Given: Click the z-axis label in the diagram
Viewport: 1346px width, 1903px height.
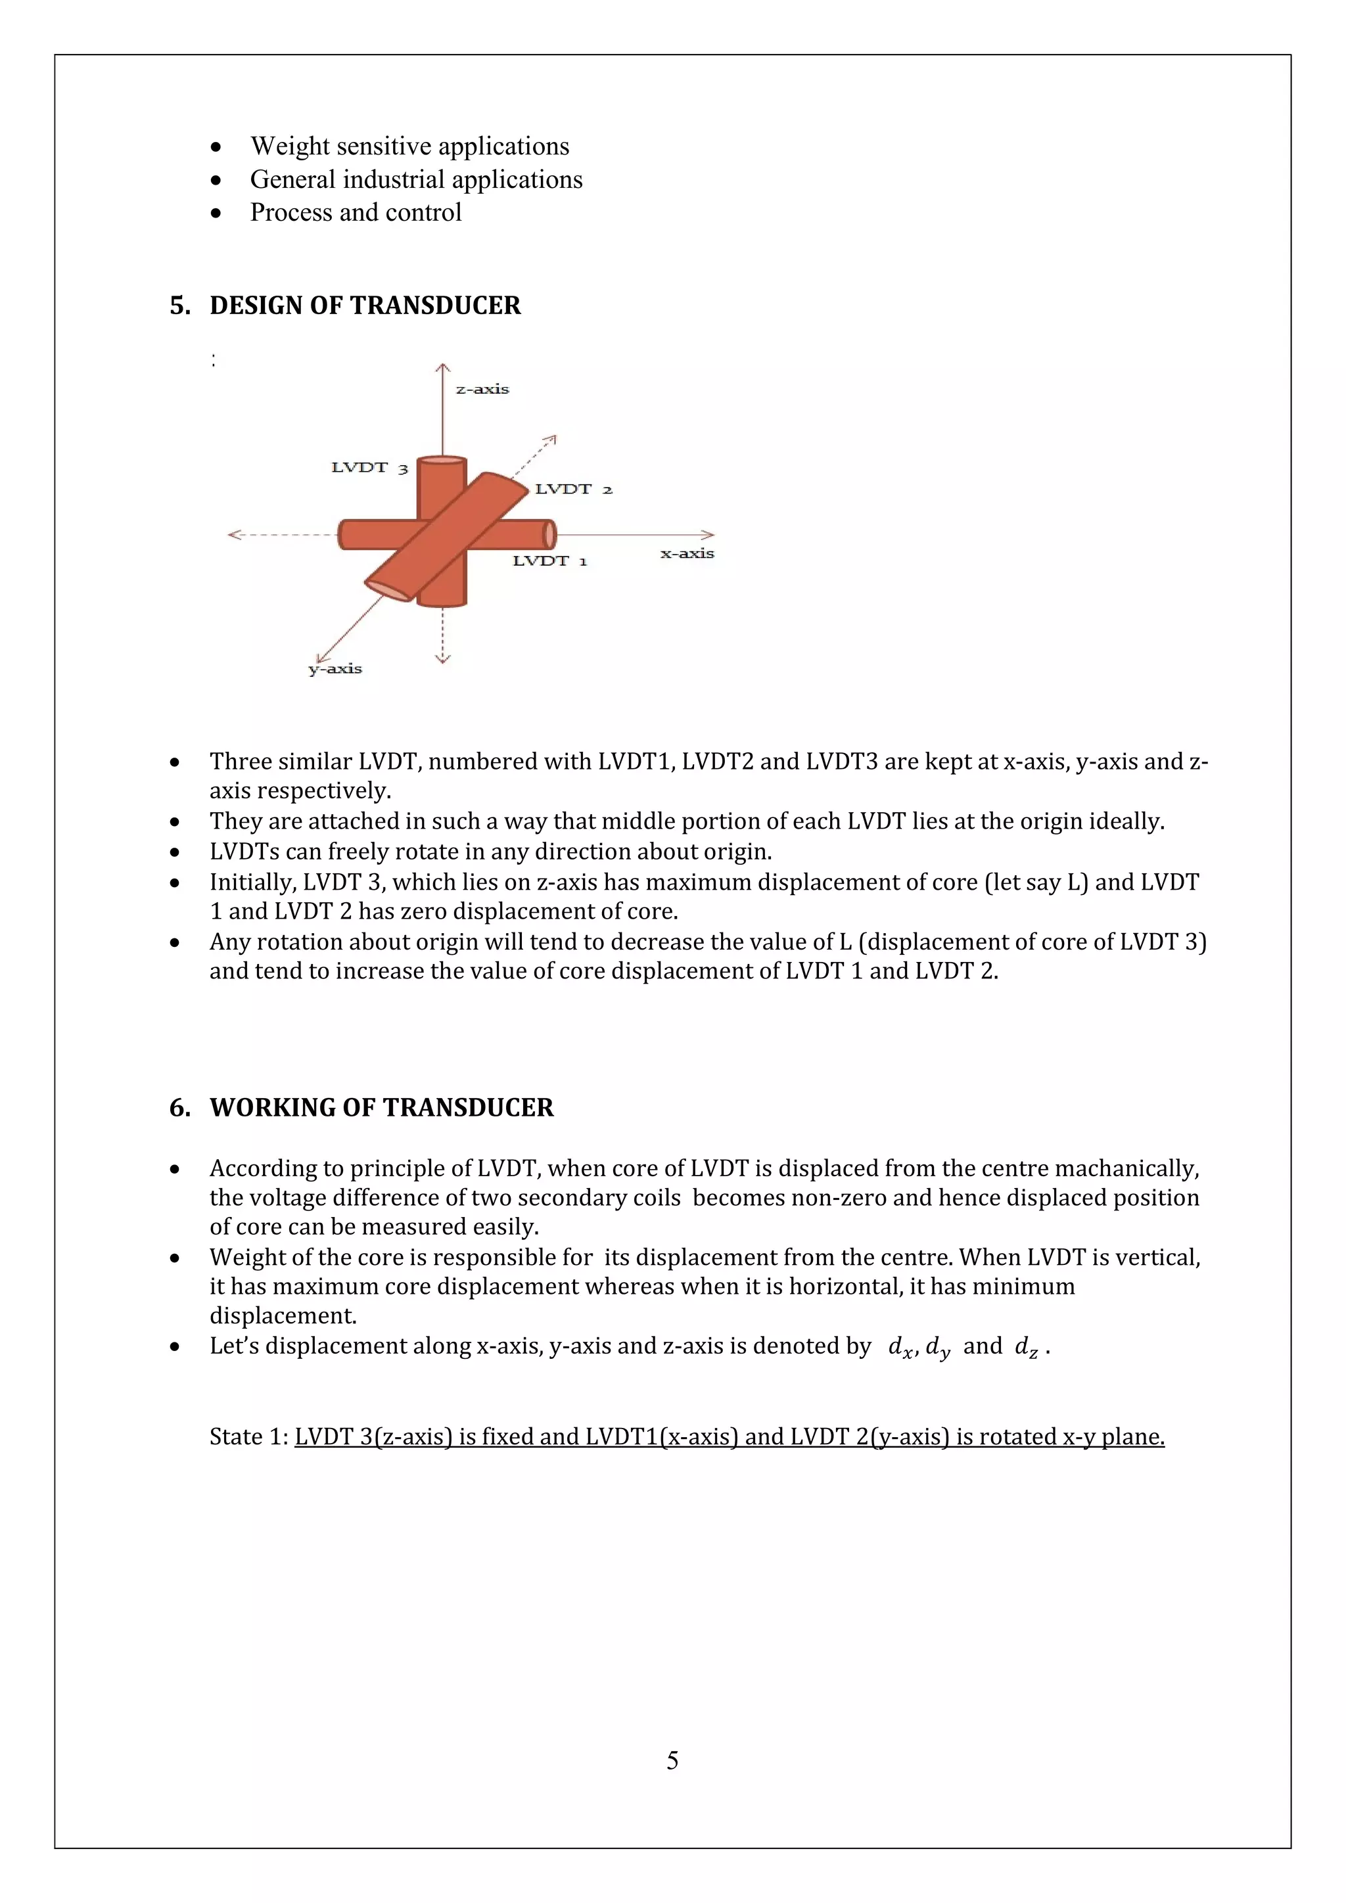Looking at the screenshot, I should [482, 389].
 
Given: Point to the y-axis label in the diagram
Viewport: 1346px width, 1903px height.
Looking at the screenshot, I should [335, 669].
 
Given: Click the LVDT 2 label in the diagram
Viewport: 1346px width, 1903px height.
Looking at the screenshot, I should [574, 489].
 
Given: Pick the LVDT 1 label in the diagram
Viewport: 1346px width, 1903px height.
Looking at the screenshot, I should [549, 561].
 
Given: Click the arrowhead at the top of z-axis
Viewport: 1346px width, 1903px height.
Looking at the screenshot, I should [442, 367].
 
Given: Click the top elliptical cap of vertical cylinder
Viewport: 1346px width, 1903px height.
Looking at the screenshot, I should [441, 461].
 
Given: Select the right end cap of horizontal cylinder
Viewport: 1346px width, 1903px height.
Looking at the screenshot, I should [549, 535].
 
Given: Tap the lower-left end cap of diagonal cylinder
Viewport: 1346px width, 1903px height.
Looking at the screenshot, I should [387, 589].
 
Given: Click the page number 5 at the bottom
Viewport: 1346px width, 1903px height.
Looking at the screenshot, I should [672, 1760].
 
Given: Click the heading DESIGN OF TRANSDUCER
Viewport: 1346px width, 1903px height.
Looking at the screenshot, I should [365, 306].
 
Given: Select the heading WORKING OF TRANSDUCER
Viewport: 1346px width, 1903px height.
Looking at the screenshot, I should [381, 1108].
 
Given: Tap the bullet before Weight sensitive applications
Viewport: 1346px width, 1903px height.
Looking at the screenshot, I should [216, 147].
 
